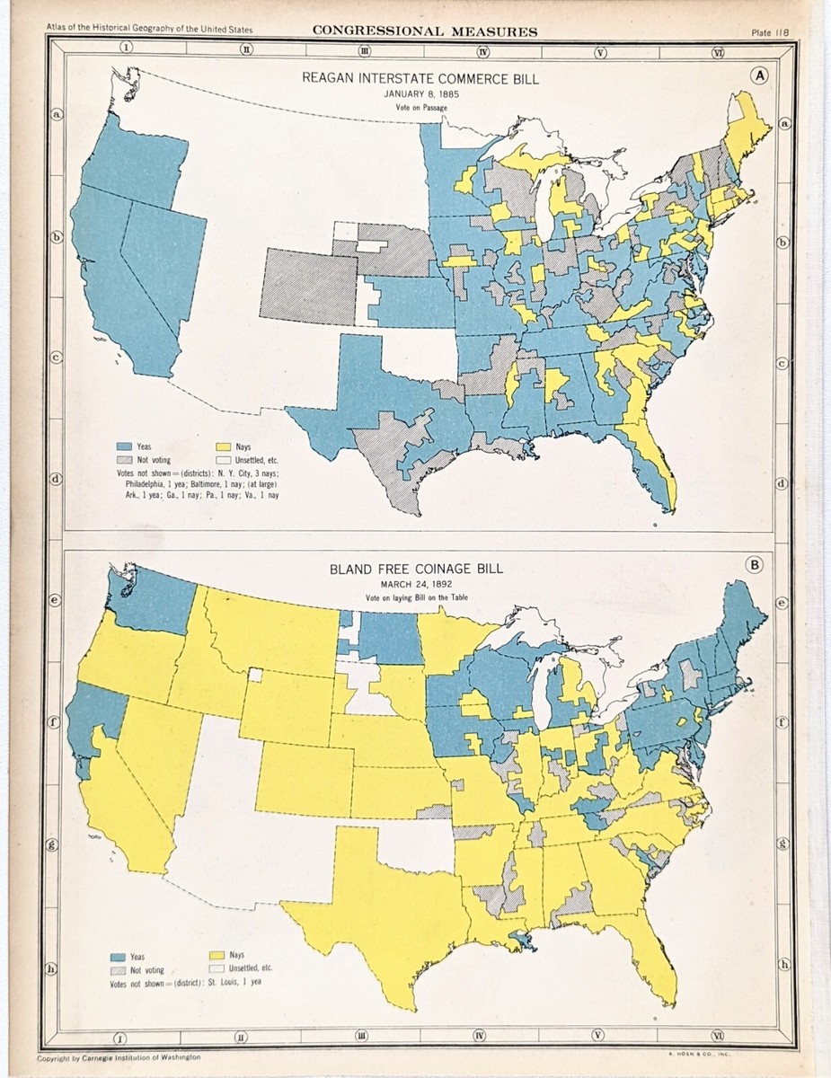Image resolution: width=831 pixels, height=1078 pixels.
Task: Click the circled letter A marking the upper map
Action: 760,76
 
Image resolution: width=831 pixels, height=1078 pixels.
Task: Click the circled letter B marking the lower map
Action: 755,565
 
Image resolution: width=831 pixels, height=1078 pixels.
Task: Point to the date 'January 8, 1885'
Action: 421,93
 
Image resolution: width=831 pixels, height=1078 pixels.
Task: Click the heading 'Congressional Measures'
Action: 425,31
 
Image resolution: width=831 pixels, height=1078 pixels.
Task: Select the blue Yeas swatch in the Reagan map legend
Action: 124,446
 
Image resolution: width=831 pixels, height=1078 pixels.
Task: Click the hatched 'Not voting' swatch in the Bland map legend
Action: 118,969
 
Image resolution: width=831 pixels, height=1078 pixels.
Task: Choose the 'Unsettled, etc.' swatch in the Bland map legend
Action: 216,968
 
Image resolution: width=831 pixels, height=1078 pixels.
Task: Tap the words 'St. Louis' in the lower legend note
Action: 230,982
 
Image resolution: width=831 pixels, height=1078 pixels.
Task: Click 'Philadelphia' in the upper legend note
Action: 138,482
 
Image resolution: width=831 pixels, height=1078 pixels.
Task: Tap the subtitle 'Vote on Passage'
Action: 421,108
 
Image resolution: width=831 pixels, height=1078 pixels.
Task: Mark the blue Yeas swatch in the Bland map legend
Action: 118,955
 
